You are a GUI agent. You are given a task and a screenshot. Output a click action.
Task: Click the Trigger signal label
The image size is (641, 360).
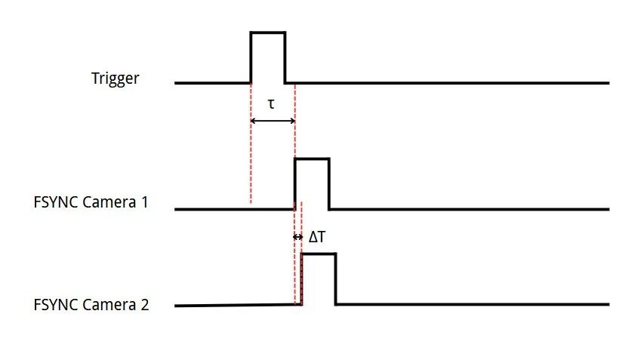coord(115,78)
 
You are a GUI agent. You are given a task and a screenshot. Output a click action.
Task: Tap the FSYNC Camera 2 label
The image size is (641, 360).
coord(91,305)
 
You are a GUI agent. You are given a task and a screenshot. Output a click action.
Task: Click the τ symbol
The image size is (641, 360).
coord(271,104)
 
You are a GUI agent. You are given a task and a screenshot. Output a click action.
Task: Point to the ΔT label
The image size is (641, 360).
coord(317,237)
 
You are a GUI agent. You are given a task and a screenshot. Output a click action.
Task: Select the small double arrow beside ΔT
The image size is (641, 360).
coord(297,237)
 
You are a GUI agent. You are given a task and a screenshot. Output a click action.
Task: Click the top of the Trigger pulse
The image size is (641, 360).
coord(268,32)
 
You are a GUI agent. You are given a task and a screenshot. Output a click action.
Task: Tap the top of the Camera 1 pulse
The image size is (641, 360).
coord(312,158)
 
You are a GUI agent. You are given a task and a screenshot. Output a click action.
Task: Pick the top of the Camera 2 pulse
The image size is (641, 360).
coord(319,254)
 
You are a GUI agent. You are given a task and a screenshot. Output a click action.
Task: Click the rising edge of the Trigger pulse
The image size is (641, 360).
coord(251,57)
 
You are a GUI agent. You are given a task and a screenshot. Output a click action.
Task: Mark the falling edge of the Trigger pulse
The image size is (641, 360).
coord(285,57)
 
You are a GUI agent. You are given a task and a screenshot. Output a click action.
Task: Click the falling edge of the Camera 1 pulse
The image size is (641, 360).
coord(329,183)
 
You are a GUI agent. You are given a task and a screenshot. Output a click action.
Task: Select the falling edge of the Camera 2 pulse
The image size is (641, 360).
coord(336,279)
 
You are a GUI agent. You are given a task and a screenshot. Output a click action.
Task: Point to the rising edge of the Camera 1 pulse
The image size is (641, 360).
coord(294,183)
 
